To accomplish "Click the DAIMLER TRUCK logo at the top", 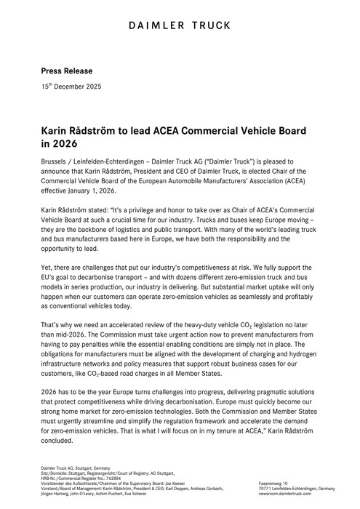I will click(x=180, y=26).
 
